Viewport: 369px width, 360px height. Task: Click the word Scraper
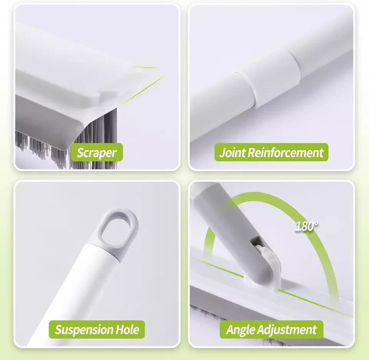click(96, 153)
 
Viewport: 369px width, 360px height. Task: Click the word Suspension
click(83, 330)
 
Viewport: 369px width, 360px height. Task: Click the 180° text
click(306, 226)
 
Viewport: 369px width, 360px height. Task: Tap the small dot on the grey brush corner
click(62, 146)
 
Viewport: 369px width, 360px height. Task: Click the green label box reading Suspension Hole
click(97, 329)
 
